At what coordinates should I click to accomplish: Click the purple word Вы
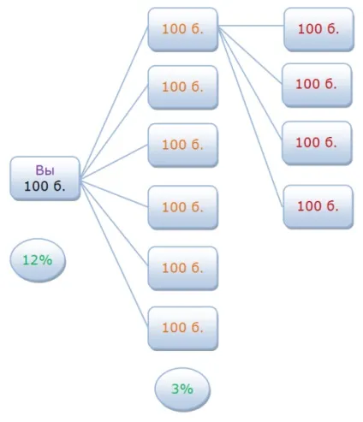click(45, 170)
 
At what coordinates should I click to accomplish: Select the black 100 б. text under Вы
click(45, 187)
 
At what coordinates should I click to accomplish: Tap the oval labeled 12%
click(38, 260)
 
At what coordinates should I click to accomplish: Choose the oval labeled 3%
click(182, 389)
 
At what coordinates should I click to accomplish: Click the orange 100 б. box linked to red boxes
click(183, 29)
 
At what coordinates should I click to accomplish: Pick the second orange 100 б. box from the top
click(183, 87)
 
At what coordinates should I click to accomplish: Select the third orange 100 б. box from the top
click(183, 146)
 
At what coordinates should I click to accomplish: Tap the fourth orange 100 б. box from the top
click(183, 207)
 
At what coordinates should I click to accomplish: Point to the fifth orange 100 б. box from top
click(183, 268)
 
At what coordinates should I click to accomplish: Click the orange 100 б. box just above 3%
click(183, 329)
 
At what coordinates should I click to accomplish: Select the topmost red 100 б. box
click(318, 29)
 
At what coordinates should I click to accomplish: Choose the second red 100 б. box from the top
click(317, 85)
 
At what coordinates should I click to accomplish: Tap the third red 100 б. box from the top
click(317, 143)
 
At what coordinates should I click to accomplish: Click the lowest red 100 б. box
click(318, 207)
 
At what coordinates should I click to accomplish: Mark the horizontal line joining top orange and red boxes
click(251, 26)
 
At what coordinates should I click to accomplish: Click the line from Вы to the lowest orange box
click(114, 253)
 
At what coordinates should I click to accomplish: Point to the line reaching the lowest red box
click(251, 116)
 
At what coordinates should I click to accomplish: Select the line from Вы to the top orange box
click(114, 102)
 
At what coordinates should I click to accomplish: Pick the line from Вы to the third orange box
click(114, 162)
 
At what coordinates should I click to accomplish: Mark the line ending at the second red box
click(250, 55)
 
